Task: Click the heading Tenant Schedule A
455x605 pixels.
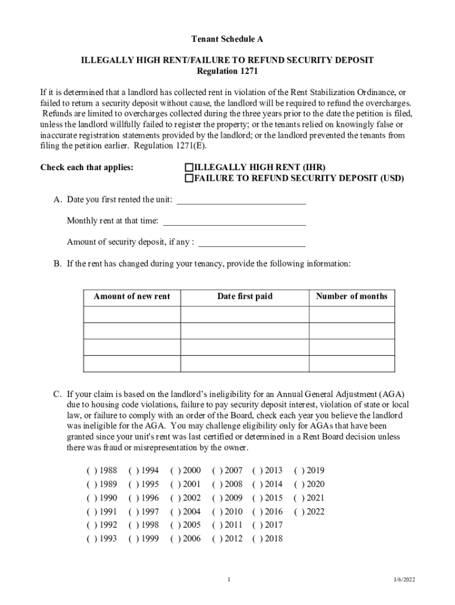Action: [x=227, y=39]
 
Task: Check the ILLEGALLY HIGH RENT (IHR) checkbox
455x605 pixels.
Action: [x=189, y=167]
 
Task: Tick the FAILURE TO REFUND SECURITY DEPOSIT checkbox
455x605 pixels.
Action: [x=189, y=178]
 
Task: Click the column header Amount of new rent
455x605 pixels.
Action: [x=132, y=297]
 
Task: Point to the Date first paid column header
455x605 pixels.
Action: [x=245, y=297]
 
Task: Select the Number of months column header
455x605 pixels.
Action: [x=352, y=297]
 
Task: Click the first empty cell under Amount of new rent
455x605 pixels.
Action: [x=132, y=314]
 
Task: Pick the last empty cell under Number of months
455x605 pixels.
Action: [x=352, y=363]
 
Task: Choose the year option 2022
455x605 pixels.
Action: [x=299, y=512]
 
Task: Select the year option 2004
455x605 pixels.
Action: [x=175, y=512]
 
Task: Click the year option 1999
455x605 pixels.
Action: [x=134, y=539]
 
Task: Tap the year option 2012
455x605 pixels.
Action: [x=217, y=539]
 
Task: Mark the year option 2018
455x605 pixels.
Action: [x=258, y=539]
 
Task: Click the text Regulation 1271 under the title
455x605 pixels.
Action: [x=227, y=71]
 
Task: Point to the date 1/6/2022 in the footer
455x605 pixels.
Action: [x=405, y=580]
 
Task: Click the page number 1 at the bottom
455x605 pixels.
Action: [x=228, y=580]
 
